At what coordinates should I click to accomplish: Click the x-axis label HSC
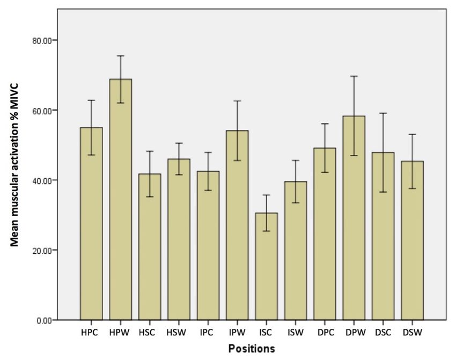pos(150,333)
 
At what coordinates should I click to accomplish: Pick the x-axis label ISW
pos(296,333)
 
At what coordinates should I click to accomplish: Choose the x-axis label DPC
pos(325,333)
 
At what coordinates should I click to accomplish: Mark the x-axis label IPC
pos(208,333)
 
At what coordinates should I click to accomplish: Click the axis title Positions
pos(252,349)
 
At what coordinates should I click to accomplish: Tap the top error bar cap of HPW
pos(120,56)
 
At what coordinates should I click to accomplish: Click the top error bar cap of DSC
pos(383,113)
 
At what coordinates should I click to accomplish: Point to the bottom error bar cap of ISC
pos(267,231)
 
